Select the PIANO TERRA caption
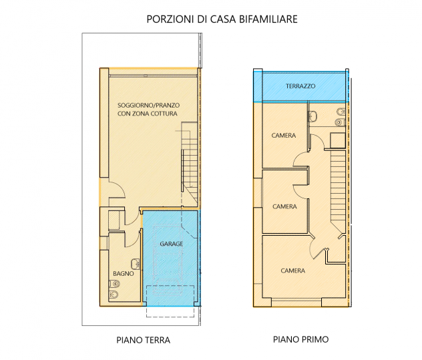[143, 340]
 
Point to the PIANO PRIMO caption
[300, 339]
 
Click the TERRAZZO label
[300, 86]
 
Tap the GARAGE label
[171, 244]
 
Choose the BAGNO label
[124, 274]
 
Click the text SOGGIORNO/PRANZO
[148, 106]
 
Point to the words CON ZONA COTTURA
[147, 114]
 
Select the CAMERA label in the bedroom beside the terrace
[284, 136]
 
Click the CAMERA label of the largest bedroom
[293, 271]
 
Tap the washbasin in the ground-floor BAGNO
[136, 264]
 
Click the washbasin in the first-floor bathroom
[312, 117]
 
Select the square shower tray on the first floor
[337, 140]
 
